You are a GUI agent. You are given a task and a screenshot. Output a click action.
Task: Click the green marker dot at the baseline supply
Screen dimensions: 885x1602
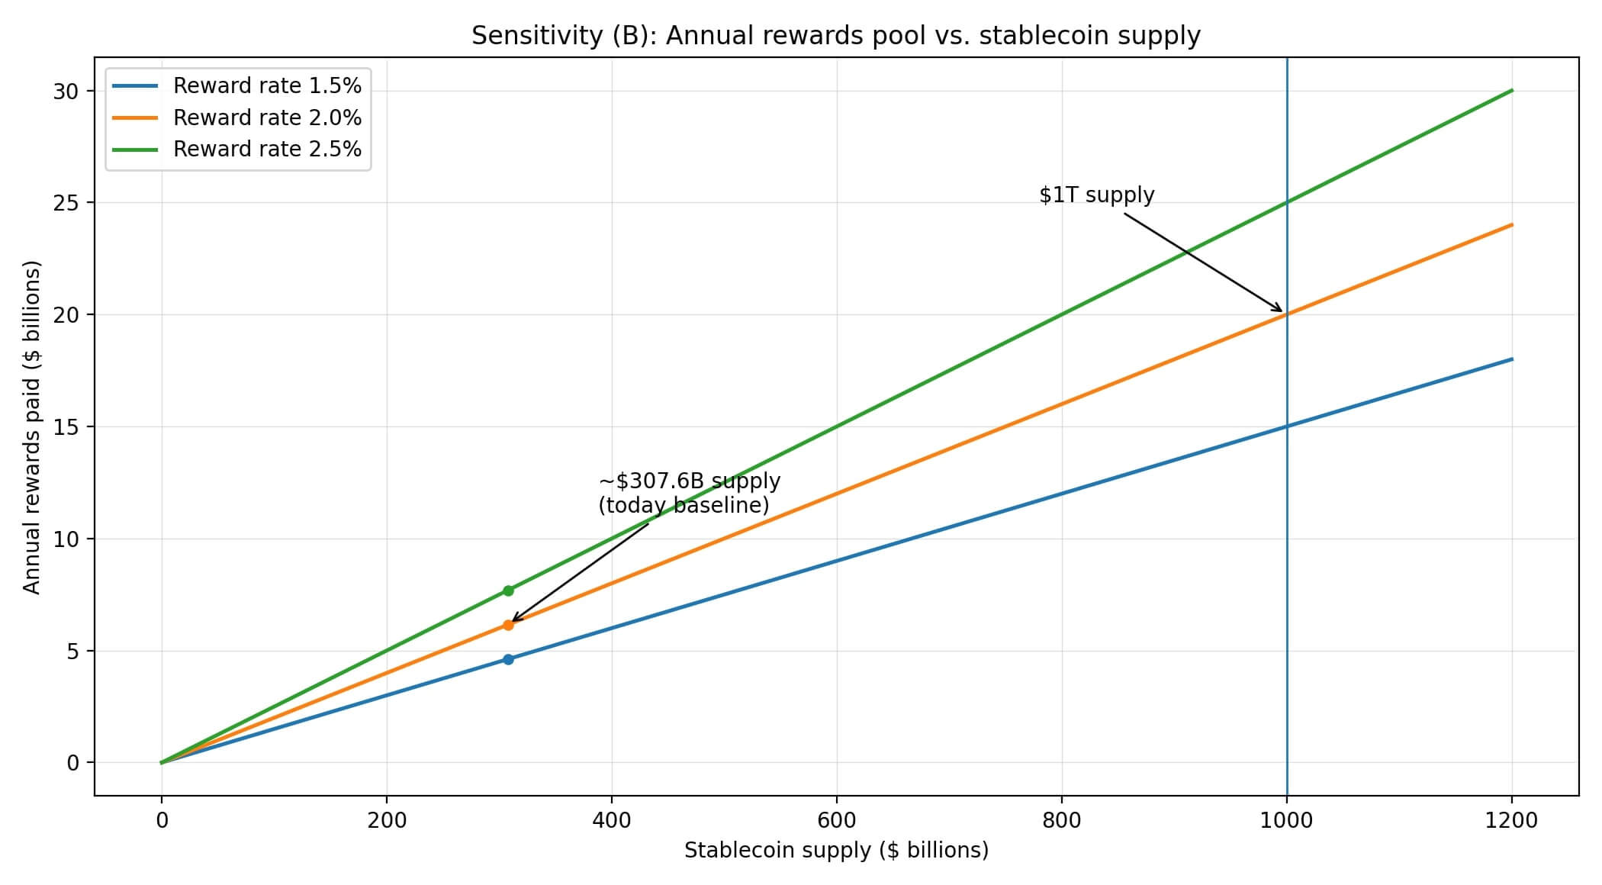coord(508,591)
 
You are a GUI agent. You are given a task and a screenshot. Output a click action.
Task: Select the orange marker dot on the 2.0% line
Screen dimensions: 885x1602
coord(508,625)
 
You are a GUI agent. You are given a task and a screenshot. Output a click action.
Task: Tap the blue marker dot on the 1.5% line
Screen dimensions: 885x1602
coord(508,659)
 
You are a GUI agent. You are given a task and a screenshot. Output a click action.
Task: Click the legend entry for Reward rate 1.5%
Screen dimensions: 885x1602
coord(267,86)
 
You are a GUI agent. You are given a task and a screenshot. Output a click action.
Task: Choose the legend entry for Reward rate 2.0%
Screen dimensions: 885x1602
coord(267,117)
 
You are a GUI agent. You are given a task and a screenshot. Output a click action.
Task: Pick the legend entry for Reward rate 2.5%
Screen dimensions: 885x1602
coord(267,149)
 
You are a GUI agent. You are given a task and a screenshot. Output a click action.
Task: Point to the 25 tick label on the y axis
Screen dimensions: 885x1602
coord(66,203)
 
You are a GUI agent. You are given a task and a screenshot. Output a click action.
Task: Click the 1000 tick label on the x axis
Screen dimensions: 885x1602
coord(1287,821)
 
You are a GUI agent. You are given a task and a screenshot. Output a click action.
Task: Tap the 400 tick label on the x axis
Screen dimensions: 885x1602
coord(612,821)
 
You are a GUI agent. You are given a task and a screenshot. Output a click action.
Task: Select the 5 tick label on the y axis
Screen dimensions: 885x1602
coord(72,651)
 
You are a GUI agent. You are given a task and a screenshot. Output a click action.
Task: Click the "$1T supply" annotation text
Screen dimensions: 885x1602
coord(1096,195)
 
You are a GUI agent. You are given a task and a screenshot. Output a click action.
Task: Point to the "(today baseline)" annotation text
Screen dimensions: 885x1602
coord(684,506)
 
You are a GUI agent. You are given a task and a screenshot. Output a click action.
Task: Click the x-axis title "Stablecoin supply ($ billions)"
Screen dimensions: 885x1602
coord(836,851)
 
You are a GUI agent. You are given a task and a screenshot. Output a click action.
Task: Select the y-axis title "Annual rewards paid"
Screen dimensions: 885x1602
coord(31,427)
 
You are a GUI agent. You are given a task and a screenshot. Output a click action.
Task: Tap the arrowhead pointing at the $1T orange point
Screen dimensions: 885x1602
coord(1281,311)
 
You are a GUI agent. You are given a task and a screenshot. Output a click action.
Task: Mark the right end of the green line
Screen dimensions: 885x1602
coord(1512,91)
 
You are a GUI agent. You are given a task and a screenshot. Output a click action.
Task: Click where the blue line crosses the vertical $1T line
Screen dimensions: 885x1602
coord(1287,426)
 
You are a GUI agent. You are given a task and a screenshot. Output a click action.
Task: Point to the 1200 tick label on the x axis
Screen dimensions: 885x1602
coord(1512,821)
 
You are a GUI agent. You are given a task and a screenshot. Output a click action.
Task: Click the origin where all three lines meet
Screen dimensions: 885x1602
coord(161,762)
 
